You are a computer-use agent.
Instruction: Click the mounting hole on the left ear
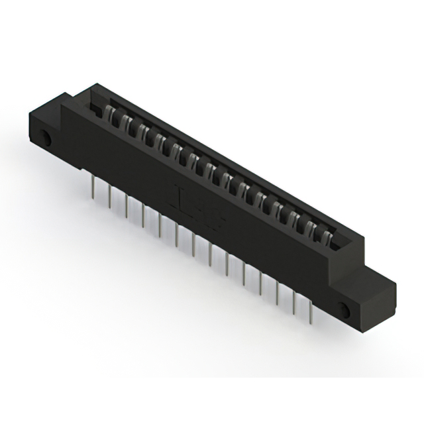tap(48, 140)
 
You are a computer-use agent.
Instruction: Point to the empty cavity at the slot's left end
tap(97, 105)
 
